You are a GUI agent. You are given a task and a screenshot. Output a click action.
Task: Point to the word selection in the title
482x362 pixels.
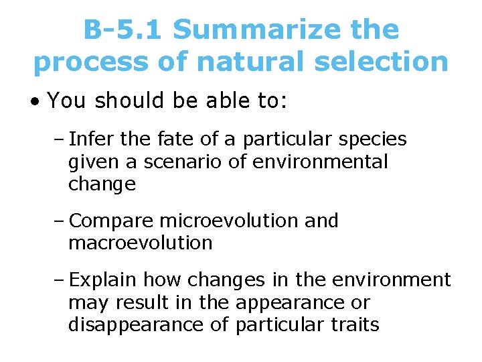[393, 62]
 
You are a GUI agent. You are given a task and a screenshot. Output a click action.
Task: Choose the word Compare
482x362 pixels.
[110, 221]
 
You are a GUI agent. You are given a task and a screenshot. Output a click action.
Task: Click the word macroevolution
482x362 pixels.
[140, 243]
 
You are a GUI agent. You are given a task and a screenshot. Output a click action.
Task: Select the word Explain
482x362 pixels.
[102, 280]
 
